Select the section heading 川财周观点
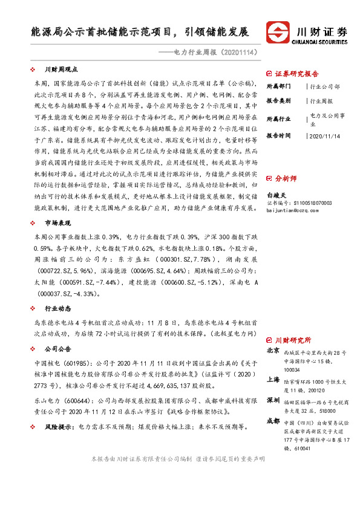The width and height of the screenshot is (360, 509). click(x=58, y=70)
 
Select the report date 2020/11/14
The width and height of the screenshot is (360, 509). click(x=324, y=136)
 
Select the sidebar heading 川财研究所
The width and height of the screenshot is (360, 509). click(x=293, y=340)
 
